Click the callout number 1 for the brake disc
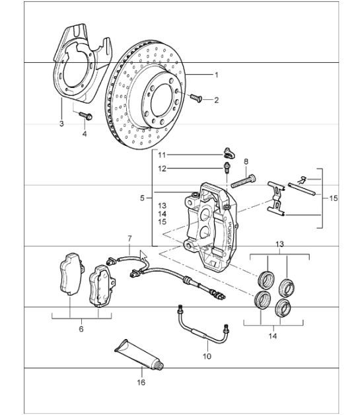click(x=215, y=75)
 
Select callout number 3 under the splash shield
click(x=61, y=124)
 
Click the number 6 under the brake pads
click(x=81, y=328)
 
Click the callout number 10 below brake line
click(x=206, y=356)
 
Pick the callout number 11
click(x=162, y=154)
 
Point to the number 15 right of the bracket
click(x=333, y=197)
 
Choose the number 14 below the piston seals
click(x=273, y=336)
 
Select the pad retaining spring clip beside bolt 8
click(x=275, y=198)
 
